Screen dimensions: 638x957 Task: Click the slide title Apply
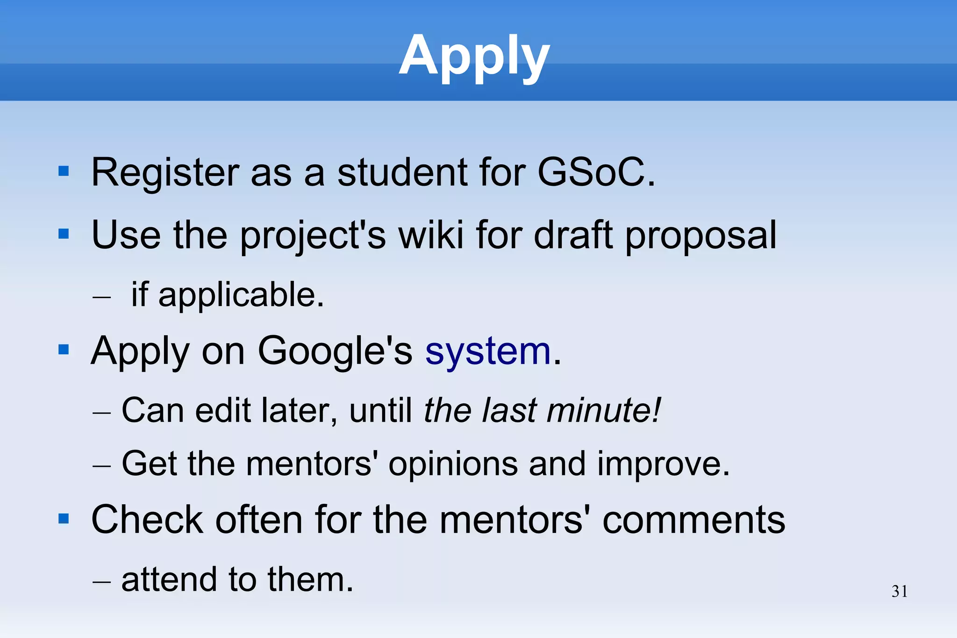(474, 56)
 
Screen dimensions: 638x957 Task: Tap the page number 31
(900, 592)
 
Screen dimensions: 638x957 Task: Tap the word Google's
(335, 351)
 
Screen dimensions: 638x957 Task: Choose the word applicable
(241, 295)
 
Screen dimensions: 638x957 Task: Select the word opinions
(453, 464)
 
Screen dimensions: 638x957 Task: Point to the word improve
(663, 464)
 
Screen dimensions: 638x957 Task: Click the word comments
(693, 520)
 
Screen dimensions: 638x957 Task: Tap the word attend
(169, 580)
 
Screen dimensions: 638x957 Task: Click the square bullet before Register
(64, 172)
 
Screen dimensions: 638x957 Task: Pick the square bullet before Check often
(64, 518)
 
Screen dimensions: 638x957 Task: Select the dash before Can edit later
(102, 413)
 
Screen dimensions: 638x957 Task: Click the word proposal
(700, 236)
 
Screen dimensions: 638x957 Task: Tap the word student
(402, 172)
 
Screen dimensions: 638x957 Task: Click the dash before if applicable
(102, 297)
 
